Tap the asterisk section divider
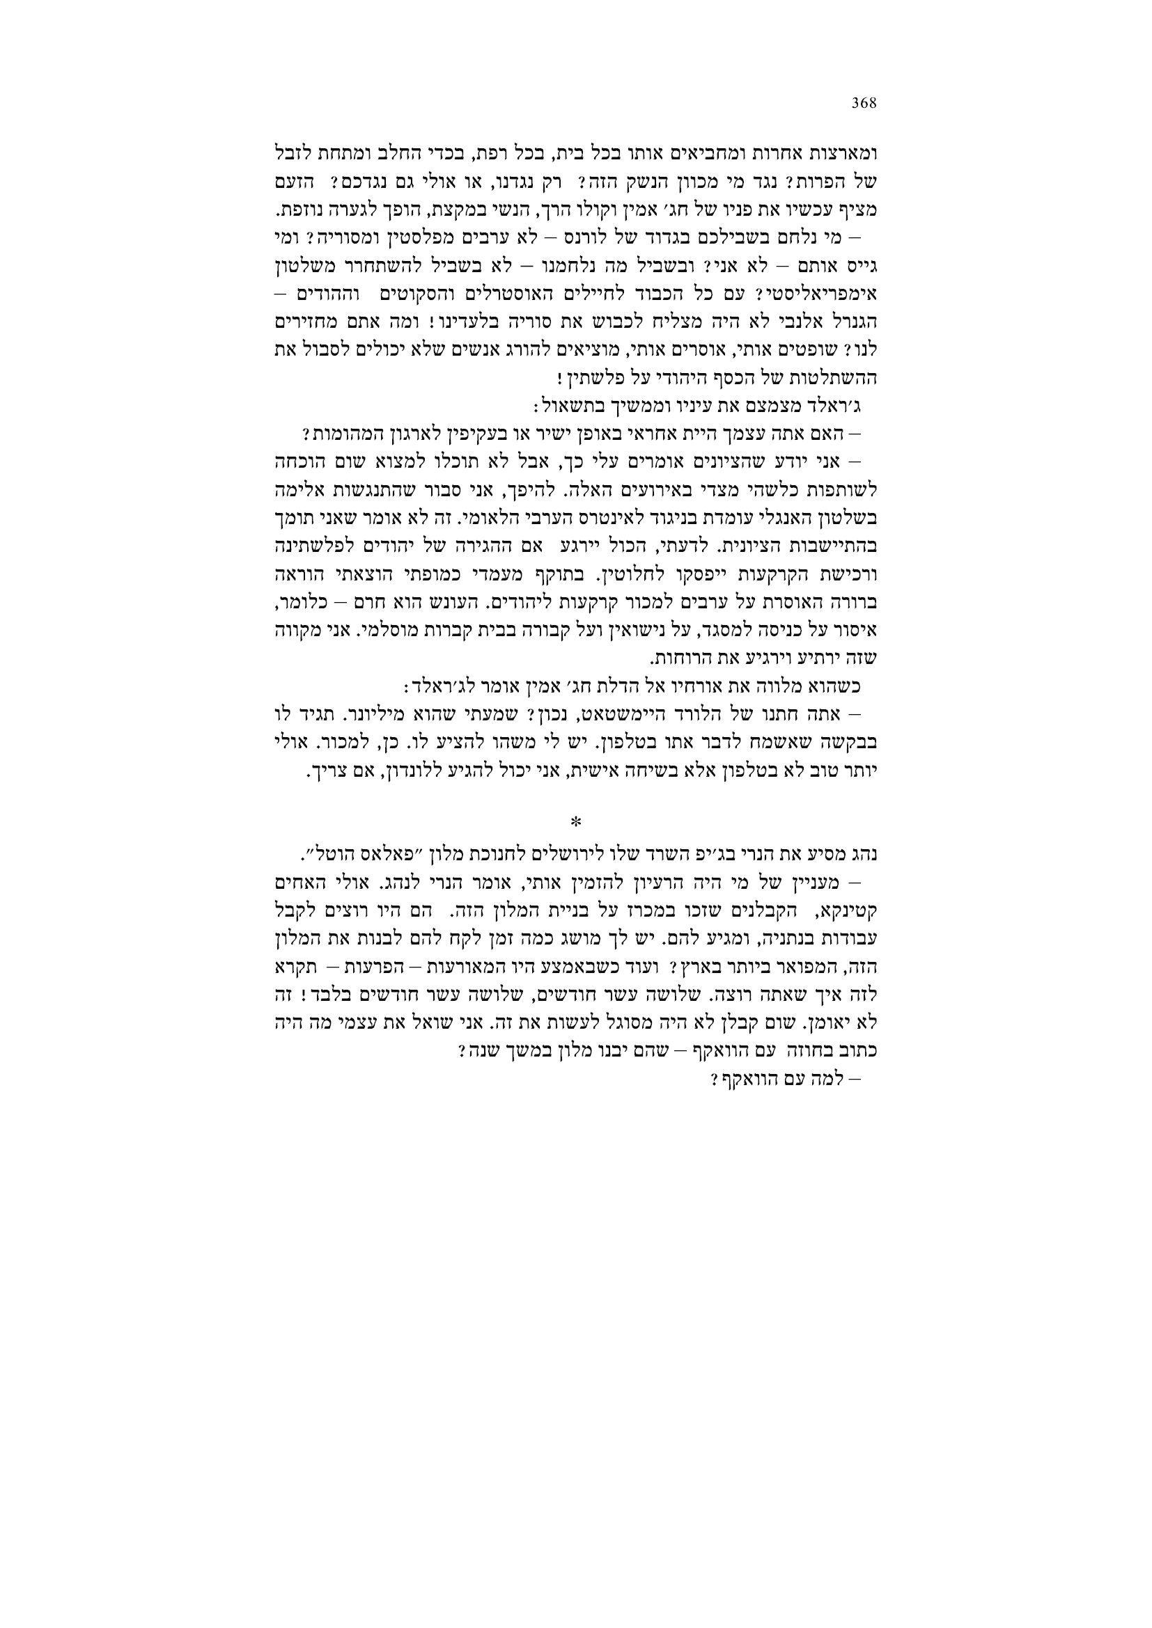[576, 822]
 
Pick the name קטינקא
[850, 908]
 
